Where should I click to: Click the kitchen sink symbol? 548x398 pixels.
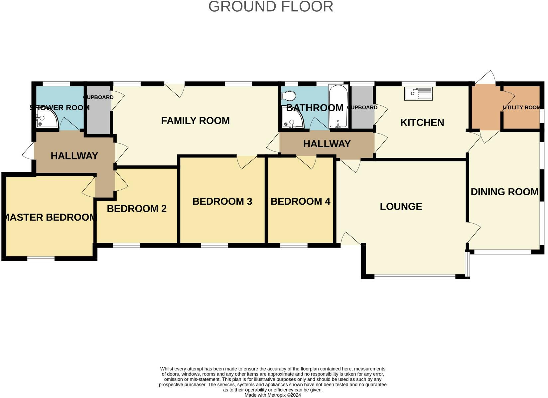(x=418, y=94)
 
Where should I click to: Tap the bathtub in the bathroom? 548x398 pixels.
(x=338, y=106)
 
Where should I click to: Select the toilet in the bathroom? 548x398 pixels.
(x=289, y=95)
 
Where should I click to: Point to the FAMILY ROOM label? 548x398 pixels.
(x=195, y=121)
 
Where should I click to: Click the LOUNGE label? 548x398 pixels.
(x=401, y=207)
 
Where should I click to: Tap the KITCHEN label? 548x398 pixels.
(x=422, y=123)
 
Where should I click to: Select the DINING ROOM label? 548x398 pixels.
(x=504, y=192)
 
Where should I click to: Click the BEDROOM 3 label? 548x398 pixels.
(x=222, y=201)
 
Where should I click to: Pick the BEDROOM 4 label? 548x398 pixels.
(x=300, y=201)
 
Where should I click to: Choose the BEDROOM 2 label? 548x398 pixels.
(x=137, y=209)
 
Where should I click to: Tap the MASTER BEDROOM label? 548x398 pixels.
(x=51, y=217)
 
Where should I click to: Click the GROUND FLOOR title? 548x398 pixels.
(x=271, y=7)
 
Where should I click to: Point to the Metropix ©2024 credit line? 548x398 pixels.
(x=273, y=395)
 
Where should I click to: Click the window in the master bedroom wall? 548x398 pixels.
(x=41, y=259)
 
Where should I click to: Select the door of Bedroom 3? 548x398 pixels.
(x=247, y=162)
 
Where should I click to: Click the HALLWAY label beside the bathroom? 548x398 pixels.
(x=327, y=144)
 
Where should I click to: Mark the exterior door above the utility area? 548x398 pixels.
(x=485, y=78)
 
